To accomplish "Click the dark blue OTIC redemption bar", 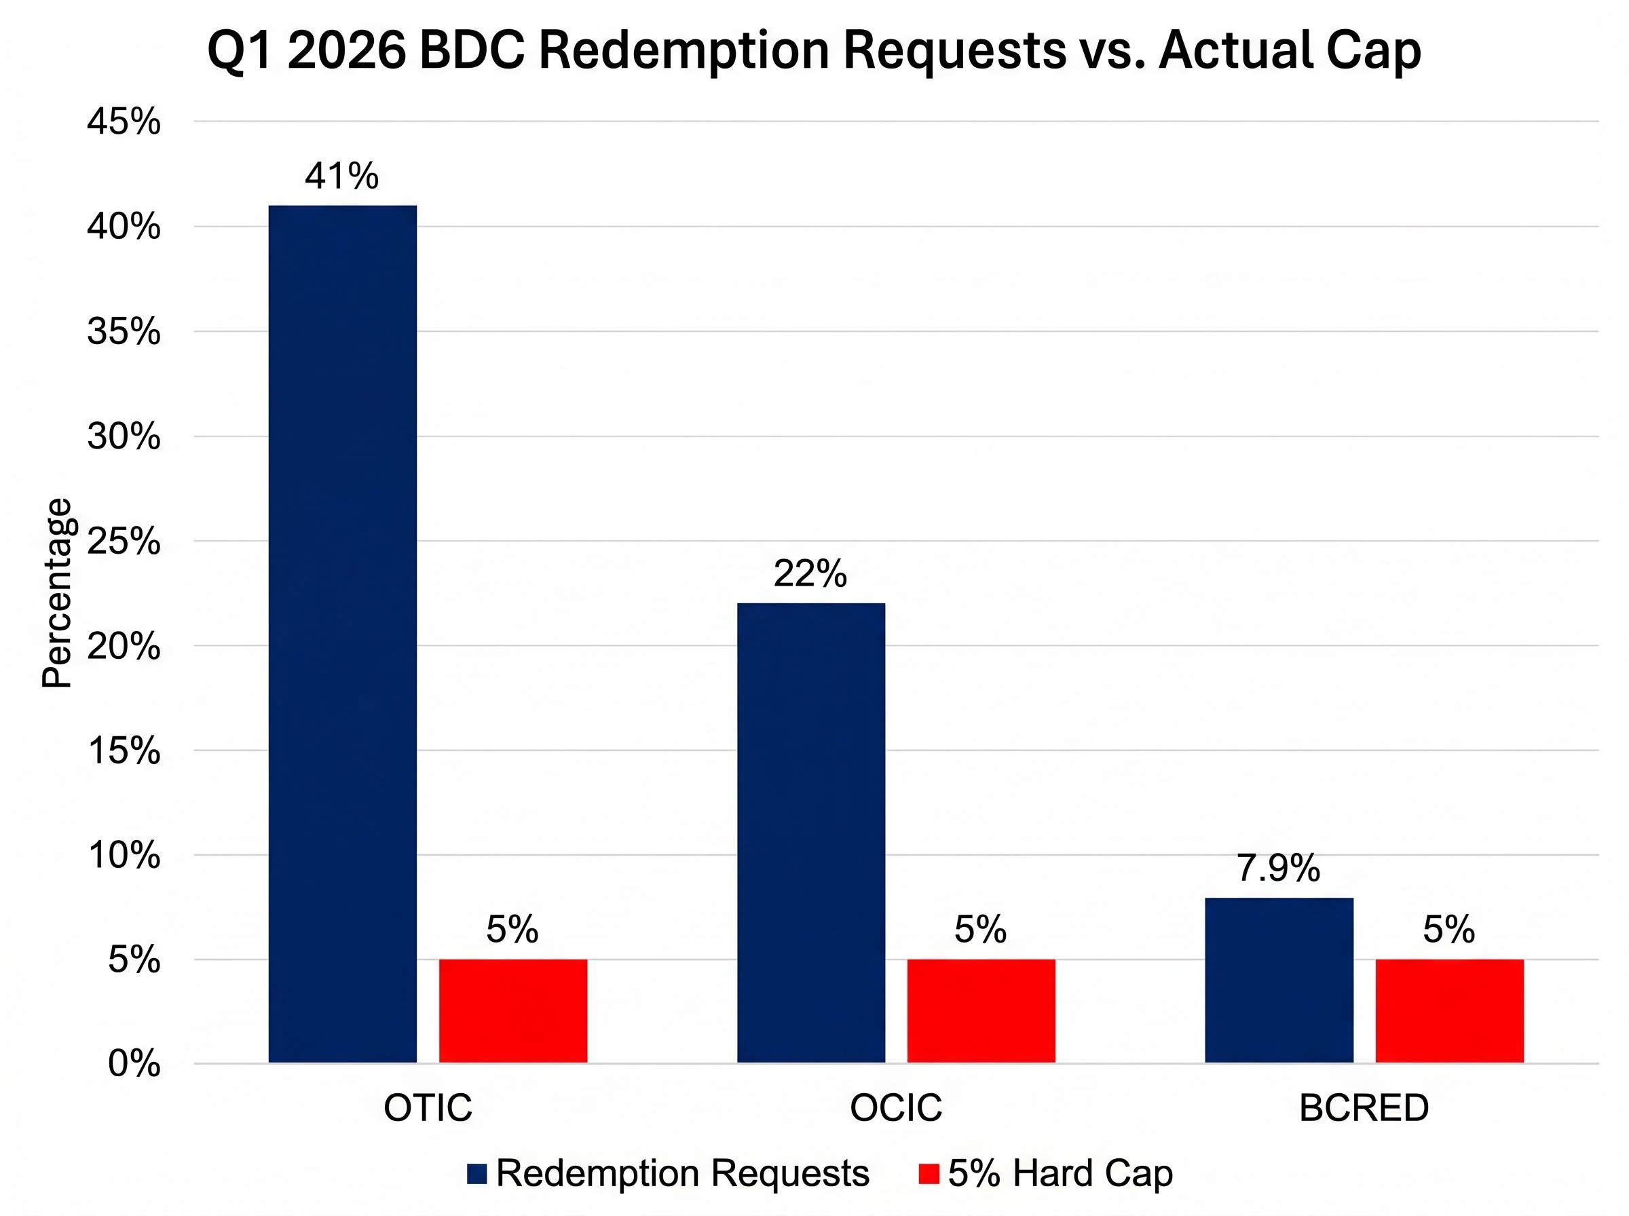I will (x=342, y=633).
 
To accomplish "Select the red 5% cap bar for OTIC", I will (x=513, y=1010).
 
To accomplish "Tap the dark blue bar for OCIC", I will (x=810, y=833).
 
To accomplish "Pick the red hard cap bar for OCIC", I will (x=981, y=1010).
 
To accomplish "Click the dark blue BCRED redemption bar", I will (x=1279, y=980).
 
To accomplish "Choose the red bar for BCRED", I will (x=1448, y=1010).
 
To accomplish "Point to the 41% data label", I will (x=341, y=176).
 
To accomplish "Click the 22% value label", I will (x=810, y=573).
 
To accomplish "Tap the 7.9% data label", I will (x=1278, y=869).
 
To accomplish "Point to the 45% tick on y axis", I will (x=124, y=122).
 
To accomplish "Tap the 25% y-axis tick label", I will (x=124, y=542).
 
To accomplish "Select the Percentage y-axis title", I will (x=57, y=593).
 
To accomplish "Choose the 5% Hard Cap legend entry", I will (x=1046, y=1173).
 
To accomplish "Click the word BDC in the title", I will (x=471, y=51).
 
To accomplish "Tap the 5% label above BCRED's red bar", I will (x=1448, y=930).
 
